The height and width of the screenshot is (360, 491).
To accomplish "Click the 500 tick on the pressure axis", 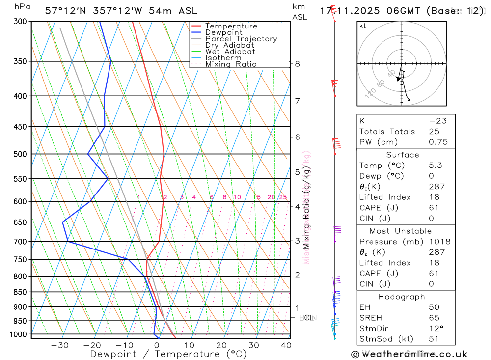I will [20, 154].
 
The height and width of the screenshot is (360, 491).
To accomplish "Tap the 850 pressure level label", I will [20, 292].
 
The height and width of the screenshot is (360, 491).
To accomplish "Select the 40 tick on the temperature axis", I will [285, 345].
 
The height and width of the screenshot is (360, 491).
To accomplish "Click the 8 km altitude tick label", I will [297, 64].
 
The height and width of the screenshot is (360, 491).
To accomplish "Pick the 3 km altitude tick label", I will [297, 241].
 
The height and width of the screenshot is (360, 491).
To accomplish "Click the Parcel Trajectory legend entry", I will [241, 39].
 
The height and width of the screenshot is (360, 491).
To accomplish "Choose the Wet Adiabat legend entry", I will [230, 52].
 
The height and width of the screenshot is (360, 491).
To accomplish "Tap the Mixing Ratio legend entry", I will [231, 64].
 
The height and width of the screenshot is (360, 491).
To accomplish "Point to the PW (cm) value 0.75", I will [438, 142].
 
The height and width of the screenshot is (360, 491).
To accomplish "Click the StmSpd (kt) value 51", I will [434, 339].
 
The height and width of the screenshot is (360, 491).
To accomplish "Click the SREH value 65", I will [434, 318].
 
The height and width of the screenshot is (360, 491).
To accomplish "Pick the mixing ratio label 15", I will [257, 197].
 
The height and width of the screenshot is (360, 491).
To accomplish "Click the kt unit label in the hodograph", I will [363, 26].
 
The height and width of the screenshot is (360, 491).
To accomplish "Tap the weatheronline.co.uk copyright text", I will [409, 354].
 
